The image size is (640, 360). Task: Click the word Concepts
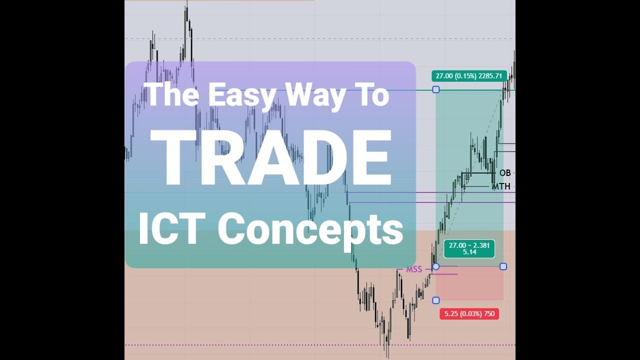pyautogui.click(x=310, y=229)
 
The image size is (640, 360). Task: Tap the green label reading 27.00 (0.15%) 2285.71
pyautogui.click(x=469, y=76)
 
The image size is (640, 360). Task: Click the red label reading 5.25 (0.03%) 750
pyautogui.click(x=469, y=314)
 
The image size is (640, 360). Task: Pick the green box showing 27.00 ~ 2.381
pyautogui.click(x=469, y=245)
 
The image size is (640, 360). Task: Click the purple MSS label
pyautogui.click(x=414, y=269)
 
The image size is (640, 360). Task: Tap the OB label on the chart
pyautogui.click(x=505, y=173)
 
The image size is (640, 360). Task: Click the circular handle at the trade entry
pyautogui.click(x=436, y=266)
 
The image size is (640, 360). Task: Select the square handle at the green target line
pyautogui.click(x=436, y=89)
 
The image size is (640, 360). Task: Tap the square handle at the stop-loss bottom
pyautogui.click(x=436, y=300)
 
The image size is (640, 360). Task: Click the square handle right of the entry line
pyautogui.click(x=503, y=266)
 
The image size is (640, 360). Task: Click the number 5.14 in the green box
pyautogui.click(x=469, y=252)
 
